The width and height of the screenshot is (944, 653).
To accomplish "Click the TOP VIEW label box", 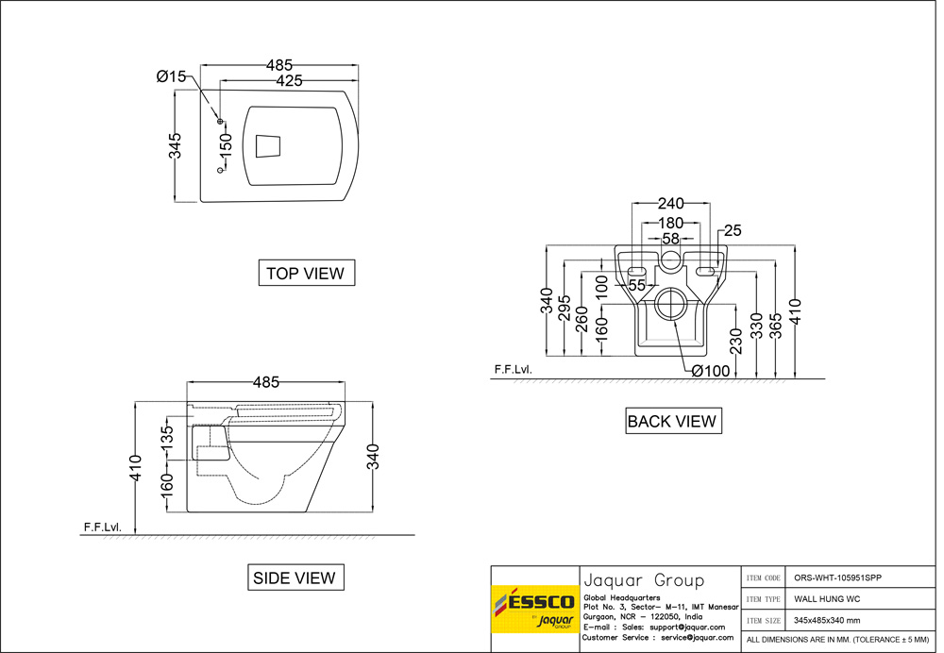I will (x=306, y=273).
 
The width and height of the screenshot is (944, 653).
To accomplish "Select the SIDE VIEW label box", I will (x=294, y=577).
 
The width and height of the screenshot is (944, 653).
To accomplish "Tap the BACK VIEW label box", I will (x=672, y=421).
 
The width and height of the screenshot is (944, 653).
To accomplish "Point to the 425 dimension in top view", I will (x=289, y=81).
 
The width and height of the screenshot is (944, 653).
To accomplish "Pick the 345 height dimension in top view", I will (x=176, y=146).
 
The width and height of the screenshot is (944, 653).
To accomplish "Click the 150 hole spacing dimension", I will (x=226, y=147).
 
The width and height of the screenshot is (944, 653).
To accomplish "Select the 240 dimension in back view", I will (x=671, y=204).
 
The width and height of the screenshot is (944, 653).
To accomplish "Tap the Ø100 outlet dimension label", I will (x=710, y=371).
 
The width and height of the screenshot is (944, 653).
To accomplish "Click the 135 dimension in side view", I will (x=167, y=440).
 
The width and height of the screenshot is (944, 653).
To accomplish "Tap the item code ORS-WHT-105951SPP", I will (x=839, y=578).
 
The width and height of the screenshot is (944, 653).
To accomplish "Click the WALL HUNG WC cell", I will (x=826, y=598).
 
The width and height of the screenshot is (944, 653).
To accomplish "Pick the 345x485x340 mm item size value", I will (x=827, y=620).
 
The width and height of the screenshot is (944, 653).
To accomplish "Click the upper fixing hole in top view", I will (x=220, y=122).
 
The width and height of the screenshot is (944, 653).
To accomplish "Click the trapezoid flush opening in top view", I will (x=269, y=145).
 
